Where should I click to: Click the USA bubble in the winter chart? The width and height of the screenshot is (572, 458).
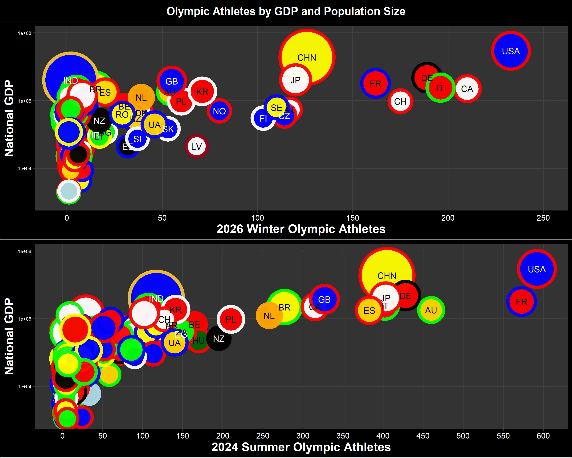pos(511,51)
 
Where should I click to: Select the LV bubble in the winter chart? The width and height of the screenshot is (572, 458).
pos(197,146)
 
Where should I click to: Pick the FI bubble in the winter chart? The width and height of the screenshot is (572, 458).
pos(263,118)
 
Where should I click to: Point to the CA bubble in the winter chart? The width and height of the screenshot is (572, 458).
pos(467,89)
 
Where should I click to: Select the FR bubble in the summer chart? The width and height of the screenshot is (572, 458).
pos(521,302)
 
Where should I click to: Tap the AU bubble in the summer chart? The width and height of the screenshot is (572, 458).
pos(431,310)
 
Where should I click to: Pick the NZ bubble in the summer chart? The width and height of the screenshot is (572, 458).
pos(219,339)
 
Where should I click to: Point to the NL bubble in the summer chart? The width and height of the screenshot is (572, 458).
pos(269,316)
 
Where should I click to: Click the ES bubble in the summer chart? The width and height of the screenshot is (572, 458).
pos(369,310)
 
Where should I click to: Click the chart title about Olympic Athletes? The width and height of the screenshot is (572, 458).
pos(286,11)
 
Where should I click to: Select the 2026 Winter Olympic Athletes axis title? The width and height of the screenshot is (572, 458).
pos(301,229)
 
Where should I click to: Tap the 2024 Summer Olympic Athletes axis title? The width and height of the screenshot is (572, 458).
pos(301,447)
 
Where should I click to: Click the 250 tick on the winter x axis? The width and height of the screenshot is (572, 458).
pos(543,218)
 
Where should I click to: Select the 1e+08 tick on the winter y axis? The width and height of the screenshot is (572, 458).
pos(24,33)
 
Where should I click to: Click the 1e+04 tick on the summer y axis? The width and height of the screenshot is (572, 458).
pos(24,387)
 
